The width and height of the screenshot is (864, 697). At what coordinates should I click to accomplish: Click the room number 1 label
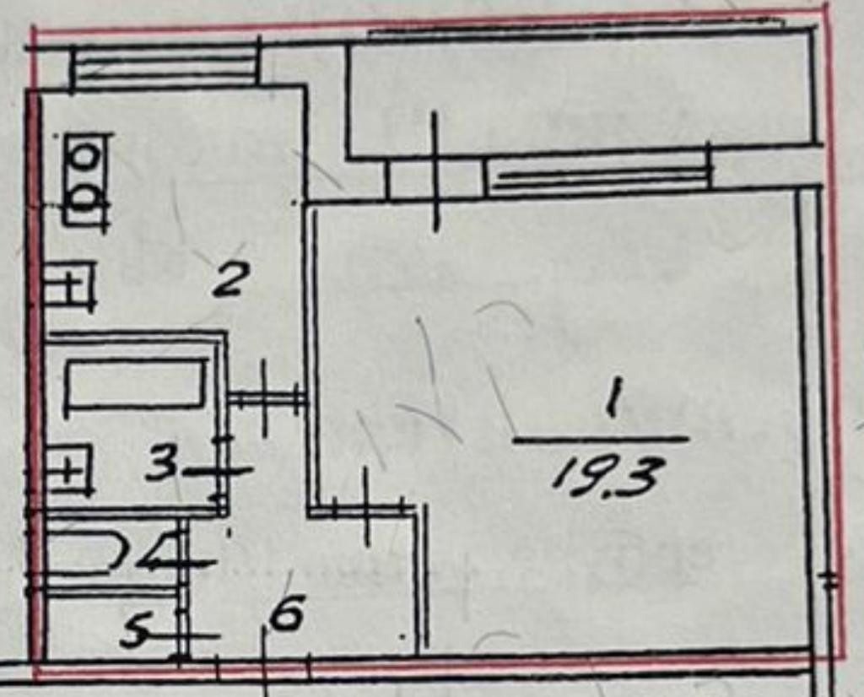point(613,398)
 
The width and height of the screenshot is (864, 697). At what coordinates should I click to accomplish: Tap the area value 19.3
point(607,474)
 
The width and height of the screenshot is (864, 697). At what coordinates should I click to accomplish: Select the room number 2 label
point(229,279)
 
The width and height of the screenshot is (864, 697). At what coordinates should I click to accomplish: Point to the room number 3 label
point(162,463)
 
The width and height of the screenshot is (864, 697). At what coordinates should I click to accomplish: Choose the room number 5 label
point(134,630)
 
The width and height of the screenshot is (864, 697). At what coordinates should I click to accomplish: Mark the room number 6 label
point(286,616)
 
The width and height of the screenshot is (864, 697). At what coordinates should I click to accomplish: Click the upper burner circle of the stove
point(85,156)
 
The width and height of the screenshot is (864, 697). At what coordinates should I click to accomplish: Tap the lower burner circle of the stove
point(85,198)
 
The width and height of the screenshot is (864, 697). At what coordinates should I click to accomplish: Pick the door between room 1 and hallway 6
point(368,508)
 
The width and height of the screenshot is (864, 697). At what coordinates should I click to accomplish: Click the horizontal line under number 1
point(601,440)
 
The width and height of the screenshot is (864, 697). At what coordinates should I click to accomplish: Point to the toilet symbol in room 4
point(84,553)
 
